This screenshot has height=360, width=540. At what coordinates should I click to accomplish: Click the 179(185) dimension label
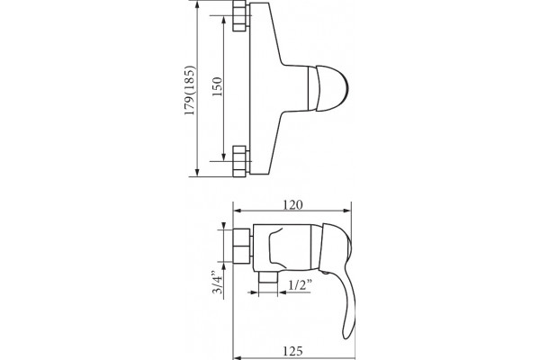coord(190,91)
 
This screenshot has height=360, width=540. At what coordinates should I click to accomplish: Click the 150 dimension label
coord(217,86)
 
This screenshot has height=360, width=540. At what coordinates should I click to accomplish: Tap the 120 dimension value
coord(293,204)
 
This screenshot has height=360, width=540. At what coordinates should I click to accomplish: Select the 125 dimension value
coord(293,351)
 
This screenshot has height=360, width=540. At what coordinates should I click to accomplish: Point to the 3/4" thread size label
coord(218,282)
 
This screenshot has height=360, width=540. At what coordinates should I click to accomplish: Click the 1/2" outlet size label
coord(301,285)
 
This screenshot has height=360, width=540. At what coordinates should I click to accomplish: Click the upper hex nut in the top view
coord(239,16)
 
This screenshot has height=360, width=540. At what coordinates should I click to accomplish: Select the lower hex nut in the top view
coord(239,161)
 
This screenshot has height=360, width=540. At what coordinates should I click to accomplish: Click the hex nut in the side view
coord(242,246)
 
